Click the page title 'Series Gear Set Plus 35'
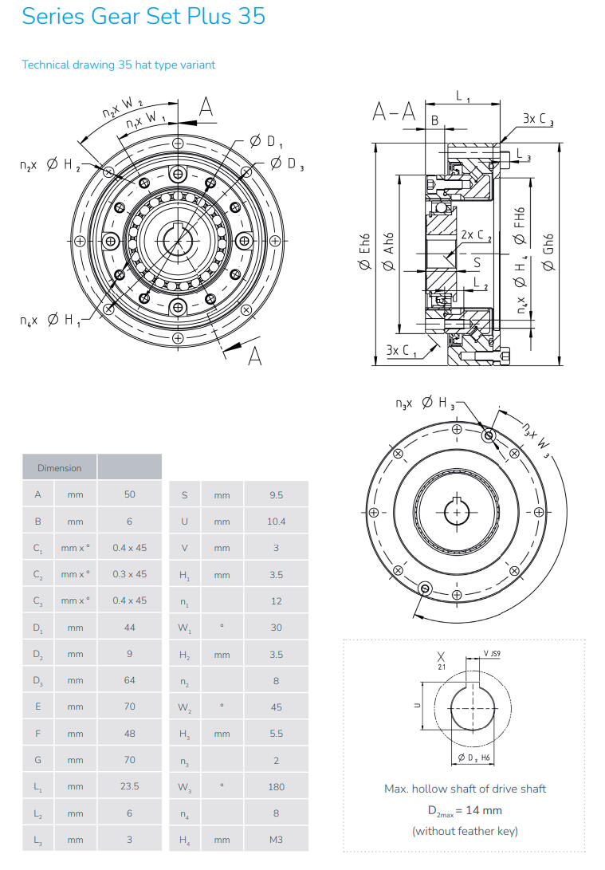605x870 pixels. (x=143, y=15)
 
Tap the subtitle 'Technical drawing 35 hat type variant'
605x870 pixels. (x=118, y=65)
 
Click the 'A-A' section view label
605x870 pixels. (x=394, y=112)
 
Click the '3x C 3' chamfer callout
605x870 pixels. (x=538, y=119)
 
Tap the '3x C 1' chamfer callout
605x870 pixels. (x=403, y=349)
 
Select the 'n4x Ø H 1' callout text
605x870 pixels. (x=51, y=320)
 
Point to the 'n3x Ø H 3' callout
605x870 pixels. (x=425, y=404)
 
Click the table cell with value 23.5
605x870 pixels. (x=129, y=786)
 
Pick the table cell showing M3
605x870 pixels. (x=276, y=840)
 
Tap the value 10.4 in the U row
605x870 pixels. (x=276, y=522)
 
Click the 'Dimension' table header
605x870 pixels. (x=59, y=468)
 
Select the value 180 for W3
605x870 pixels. (x=276, y=786)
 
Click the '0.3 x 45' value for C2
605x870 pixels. (x=129, y=574)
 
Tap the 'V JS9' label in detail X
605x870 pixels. (x=492, y=652)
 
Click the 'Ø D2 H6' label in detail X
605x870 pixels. (x=473, y=758)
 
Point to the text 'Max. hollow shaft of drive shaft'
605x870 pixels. (x=465, y=789)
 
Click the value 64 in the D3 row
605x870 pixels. (x=129, y=680)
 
